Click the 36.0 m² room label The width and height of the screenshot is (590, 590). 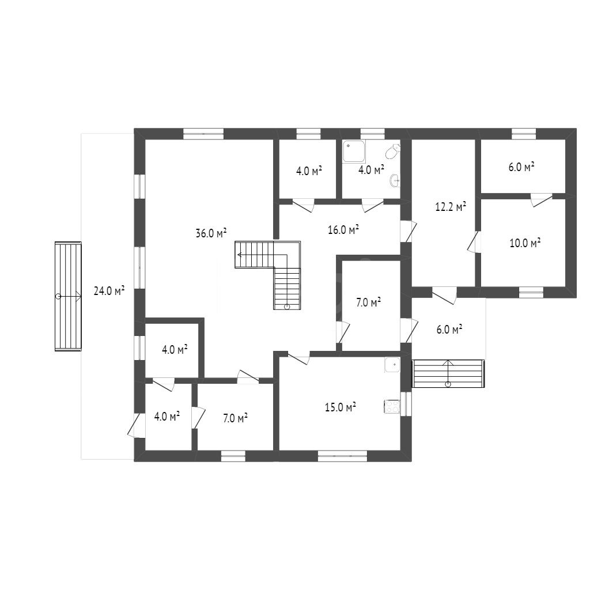point(211,233)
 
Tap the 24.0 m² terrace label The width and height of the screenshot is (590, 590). point(109,290)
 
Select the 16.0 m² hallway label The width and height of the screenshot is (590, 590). point(343,229)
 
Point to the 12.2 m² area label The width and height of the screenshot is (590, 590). point(451,207)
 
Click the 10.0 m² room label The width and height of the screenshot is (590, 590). point(525,243)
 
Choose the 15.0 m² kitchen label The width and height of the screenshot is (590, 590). point(341,407)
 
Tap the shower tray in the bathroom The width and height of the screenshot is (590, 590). point(354,152)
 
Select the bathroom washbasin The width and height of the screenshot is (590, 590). point(395,180)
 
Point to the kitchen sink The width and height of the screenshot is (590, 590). point(392,365)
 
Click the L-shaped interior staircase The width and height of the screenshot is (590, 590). point(268,275)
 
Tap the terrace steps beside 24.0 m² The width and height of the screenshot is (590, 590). point(68,297)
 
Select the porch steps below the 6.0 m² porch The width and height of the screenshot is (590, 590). point(448,373)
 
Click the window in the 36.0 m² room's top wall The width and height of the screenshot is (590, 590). point(203,134)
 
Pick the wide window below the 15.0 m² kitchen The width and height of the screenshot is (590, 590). point(342,456)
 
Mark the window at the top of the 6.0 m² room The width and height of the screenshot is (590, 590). point(524,134)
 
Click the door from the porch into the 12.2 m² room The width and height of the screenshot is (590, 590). point(444,295)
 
